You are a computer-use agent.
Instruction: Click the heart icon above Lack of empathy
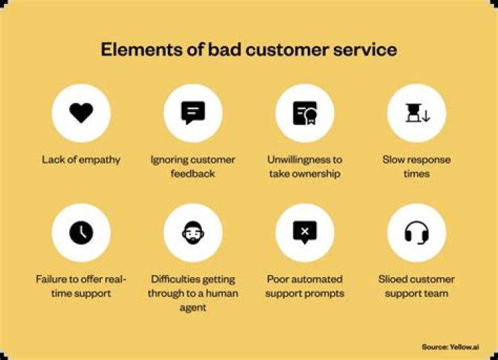pos(81,113)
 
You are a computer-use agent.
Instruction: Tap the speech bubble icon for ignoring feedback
pos(193,113)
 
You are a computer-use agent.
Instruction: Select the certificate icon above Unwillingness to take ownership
pos(304,113)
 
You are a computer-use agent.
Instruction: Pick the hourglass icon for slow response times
pos(416,113)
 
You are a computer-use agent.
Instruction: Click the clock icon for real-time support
pos(81,232)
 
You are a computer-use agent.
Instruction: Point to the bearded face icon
pos(193,232)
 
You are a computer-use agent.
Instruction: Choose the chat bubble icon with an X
pos(304,232)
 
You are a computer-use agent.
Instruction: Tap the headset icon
pos(416,232)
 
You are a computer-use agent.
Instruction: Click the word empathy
pos(98,160)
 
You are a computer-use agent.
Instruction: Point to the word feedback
pos(193,173)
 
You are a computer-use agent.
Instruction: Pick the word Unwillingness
pos(298,160)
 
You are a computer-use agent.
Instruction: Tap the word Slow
pos(394,160)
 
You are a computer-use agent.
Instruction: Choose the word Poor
pos(279,279)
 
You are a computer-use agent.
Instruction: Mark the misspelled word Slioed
pos(395,279)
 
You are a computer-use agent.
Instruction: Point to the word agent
pos(193,307)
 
